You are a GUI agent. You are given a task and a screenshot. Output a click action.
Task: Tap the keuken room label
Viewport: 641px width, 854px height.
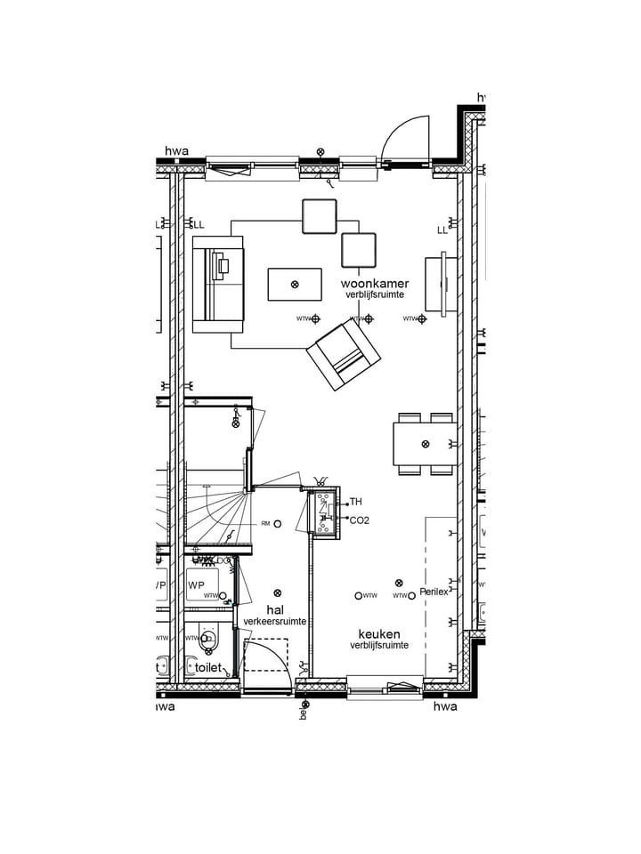378,633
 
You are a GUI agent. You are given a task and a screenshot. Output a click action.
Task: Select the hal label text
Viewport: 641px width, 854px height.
275,610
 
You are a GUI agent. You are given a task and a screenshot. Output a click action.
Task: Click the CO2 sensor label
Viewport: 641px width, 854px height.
360,520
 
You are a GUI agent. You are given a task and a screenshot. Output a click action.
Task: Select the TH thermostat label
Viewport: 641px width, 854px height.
356,503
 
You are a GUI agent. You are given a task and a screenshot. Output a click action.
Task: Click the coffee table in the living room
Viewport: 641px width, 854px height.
295,285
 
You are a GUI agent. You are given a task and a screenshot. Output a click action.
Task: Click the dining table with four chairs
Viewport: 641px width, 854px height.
425,444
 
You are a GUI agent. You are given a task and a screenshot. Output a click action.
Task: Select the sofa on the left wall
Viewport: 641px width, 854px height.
217,285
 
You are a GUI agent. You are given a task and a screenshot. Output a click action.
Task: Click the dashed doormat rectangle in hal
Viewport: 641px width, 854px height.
266,655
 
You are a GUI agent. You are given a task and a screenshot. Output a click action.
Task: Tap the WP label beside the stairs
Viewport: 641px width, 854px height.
196,585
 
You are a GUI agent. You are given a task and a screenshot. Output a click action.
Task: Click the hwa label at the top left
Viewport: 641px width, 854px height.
176,152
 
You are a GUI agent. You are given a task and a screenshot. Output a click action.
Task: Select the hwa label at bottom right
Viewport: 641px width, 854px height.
444,706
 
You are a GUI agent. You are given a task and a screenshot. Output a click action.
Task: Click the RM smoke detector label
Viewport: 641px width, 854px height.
265,524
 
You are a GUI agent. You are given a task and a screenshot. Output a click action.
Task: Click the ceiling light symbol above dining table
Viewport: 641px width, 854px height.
426,444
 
